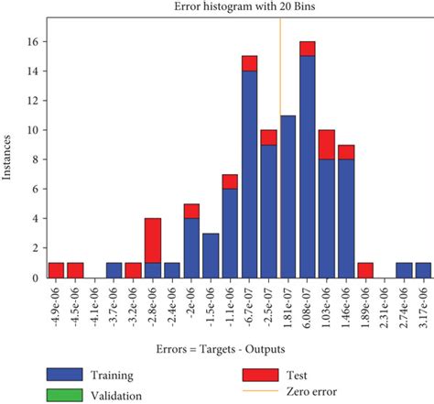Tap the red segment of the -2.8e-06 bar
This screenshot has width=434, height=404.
coord(153,241)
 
